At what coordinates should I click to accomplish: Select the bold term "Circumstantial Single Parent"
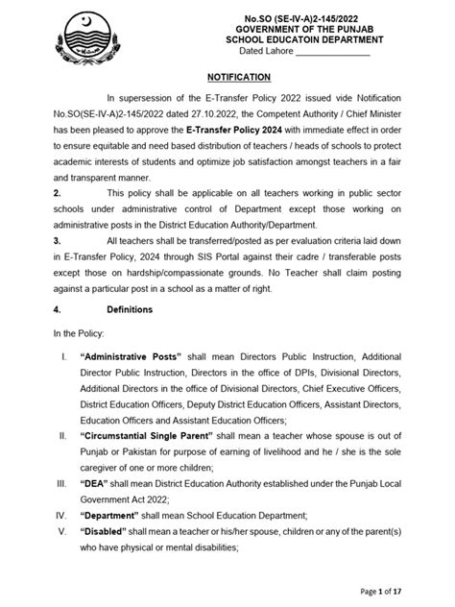pos(153,436)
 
